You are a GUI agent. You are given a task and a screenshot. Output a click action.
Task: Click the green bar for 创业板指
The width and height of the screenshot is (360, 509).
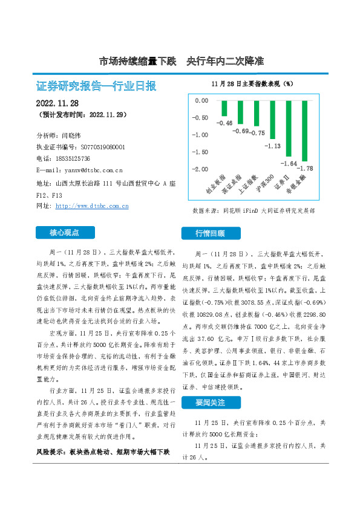pyautogui.click(x=224, y=108)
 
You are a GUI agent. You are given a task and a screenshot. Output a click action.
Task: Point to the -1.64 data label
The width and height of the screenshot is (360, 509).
pyautogui.click(x=289, y=163)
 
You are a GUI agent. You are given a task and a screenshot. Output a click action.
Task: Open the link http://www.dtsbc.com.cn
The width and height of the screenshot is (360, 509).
pyautogui.click(x=92, y=206)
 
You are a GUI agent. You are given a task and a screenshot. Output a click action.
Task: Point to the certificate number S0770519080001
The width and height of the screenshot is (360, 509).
pyautogui.click(x=102, y=147)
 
